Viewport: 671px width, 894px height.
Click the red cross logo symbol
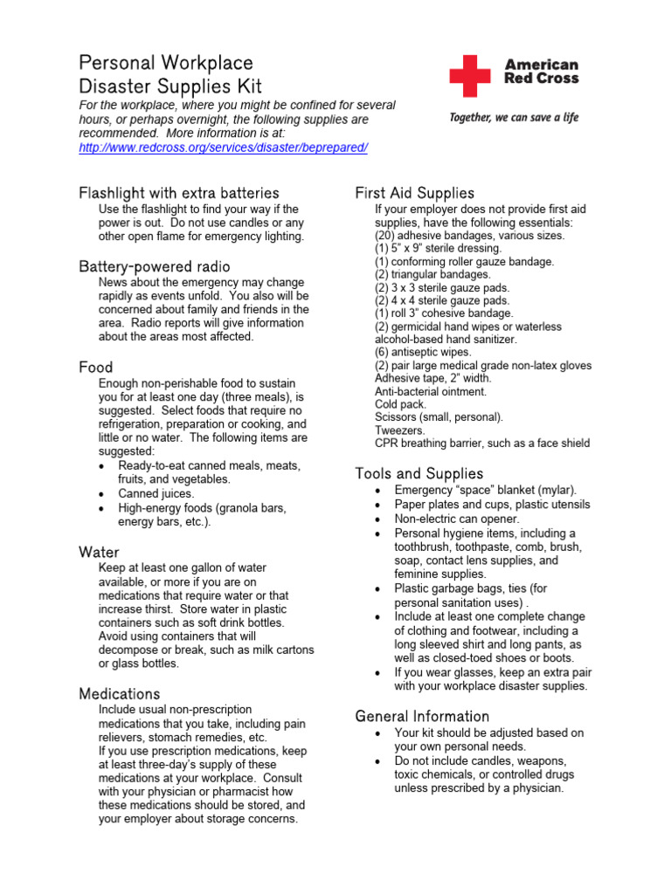[470, 76]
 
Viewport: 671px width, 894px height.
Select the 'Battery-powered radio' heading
[155, 266]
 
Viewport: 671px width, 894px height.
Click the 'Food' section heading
[96, 368]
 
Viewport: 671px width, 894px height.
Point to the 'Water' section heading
[99, 552]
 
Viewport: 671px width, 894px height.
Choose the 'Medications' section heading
[120, 693]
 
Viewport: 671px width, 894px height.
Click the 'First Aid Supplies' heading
[414, 193]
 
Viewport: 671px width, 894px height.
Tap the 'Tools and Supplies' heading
[419, 473]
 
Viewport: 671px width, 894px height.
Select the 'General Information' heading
[422, 716]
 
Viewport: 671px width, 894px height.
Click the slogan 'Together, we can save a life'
[514, 118]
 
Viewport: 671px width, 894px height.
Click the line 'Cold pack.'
[401, 404]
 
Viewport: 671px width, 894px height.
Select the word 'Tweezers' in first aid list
[400, 430]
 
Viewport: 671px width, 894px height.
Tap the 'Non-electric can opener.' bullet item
[457, 519]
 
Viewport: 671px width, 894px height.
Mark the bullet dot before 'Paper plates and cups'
[377, 505]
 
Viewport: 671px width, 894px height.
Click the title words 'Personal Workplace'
[166, 63]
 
